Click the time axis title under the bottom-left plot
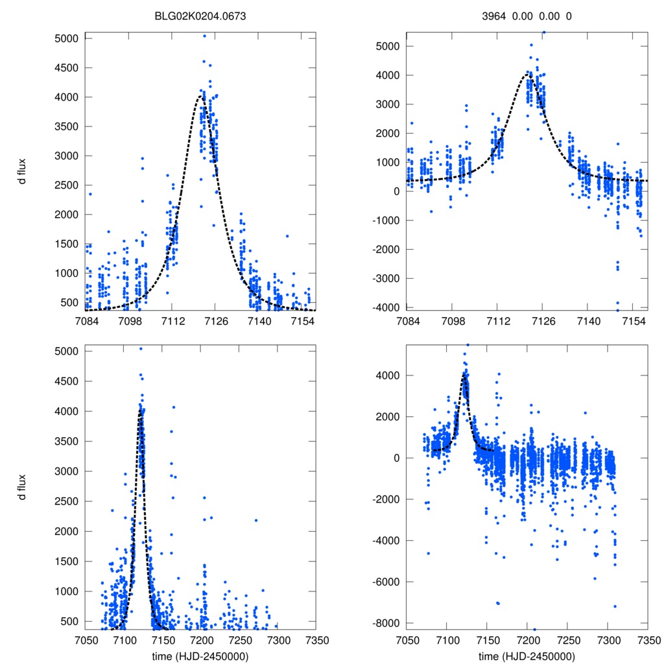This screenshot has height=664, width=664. [201, 656]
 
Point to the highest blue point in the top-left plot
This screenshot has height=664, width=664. [204, 36]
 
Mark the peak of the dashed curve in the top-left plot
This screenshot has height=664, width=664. [200, 96]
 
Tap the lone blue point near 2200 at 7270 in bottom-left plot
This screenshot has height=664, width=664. [256, 520]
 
